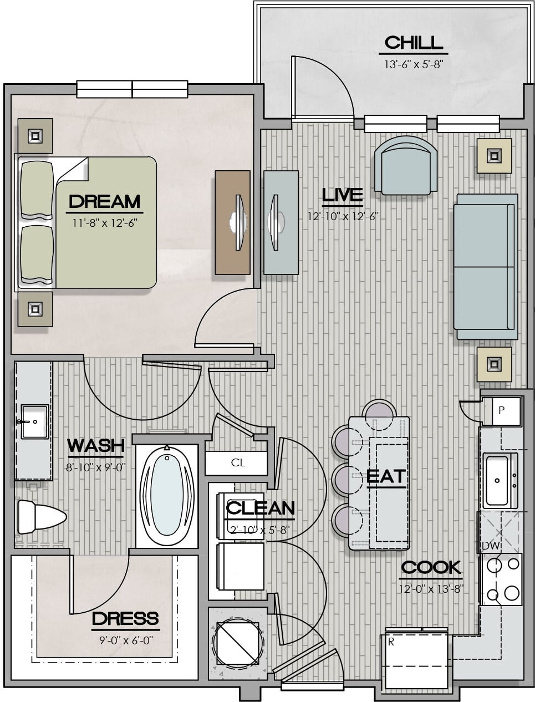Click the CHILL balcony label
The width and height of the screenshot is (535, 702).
coord(414,43)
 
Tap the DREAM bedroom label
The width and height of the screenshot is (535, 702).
coord(105,201)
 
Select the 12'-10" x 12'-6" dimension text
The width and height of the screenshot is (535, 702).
coord(343,216)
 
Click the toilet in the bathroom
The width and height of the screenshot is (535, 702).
coord(42,517)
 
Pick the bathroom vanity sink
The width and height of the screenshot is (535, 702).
coord(35,421)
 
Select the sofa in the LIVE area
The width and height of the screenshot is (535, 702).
coord(486,266)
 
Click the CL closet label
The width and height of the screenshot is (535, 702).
coord(238,463)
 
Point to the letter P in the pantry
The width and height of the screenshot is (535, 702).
coord(501,410)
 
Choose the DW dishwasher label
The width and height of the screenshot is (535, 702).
coord(490,546)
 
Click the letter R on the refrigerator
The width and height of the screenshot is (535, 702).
coord(391,642)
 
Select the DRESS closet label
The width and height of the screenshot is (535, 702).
coord(125,618)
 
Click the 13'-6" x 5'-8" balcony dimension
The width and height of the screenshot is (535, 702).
coord(414,65)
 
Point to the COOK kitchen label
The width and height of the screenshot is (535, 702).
coord(431,567)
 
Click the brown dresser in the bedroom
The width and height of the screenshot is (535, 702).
coord(232,222)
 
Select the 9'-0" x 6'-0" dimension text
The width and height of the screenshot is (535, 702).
coord(126,640)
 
